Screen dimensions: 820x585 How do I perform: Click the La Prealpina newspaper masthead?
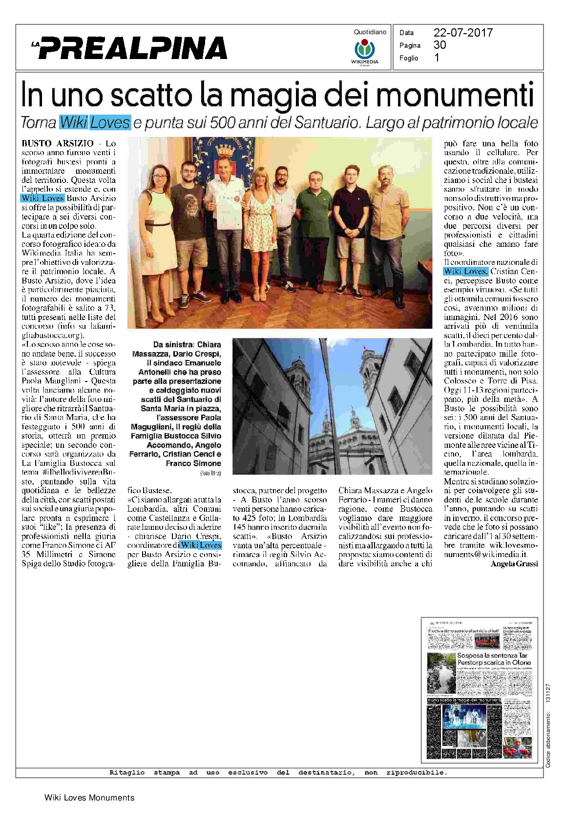pos(129,48)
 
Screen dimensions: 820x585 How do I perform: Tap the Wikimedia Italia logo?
pos(364,51)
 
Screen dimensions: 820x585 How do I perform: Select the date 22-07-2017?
pos(463,33)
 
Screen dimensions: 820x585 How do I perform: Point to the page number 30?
pos(439,45)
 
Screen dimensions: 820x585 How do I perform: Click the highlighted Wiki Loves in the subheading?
pos(95,122)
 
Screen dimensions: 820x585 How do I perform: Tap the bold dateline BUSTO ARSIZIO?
pos(58,143)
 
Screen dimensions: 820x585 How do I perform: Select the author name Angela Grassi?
pos(514,563)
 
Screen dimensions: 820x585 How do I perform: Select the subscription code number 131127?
pos(548,693)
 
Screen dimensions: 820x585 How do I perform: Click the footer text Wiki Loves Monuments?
pos(89,798)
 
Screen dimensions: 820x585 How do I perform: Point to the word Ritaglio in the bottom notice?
pos(127,772)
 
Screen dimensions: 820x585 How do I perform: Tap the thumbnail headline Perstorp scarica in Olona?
pos(494,662)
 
